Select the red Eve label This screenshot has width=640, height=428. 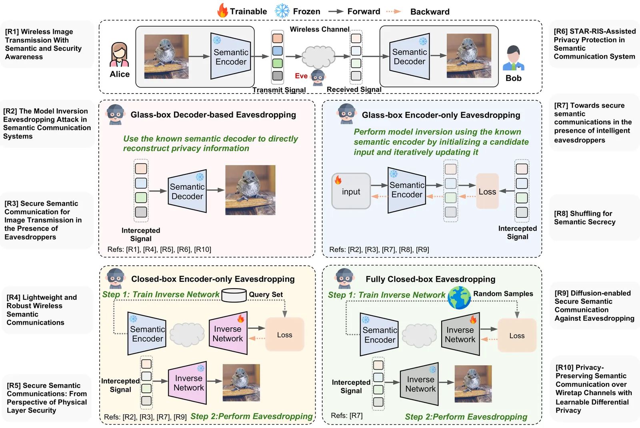[301, 76]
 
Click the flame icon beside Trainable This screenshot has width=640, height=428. [222, 11]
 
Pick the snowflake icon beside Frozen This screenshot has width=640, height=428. [282, 11]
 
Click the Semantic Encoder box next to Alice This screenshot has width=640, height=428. [231, 57]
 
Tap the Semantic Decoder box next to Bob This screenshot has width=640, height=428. [409, 57]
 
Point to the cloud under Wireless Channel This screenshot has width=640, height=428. [318, 56]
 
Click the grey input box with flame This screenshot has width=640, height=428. [351, 191]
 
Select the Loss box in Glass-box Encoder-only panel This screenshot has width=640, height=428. [487, 191]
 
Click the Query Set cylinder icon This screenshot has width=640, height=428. [234, 295]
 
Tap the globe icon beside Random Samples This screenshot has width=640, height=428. [459, 298]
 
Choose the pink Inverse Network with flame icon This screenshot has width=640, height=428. [228, 333]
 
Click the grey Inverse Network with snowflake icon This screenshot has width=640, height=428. [420, 384]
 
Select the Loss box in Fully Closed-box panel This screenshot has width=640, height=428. [517, 336]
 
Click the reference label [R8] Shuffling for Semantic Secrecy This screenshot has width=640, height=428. [584, 218]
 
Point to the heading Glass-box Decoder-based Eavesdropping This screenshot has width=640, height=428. [213, 115]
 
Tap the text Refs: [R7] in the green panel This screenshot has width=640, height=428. [347, 416]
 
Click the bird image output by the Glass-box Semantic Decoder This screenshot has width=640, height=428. [250, 190]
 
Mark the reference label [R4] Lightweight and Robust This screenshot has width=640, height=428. [42, 310]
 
